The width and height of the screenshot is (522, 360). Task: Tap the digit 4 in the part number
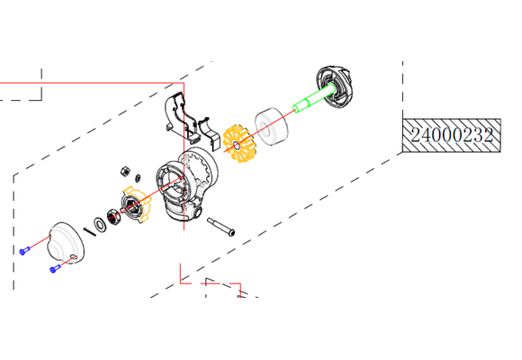click(429, 136)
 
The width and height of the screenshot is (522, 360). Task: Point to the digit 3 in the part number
click(479, 136)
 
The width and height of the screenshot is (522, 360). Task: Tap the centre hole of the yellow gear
click(236, 144)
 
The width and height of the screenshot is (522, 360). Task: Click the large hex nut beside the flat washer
click(115, 216)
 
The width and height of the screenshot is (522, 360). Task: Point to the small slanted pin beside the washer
click(89, 229)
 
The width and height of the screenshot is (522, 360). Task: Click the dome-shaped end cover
click(64, 240)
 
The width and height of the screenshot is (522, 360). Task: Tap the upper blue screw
click(23, 251)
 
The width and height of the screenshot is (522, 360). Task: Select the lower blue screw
click(52, 269)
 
